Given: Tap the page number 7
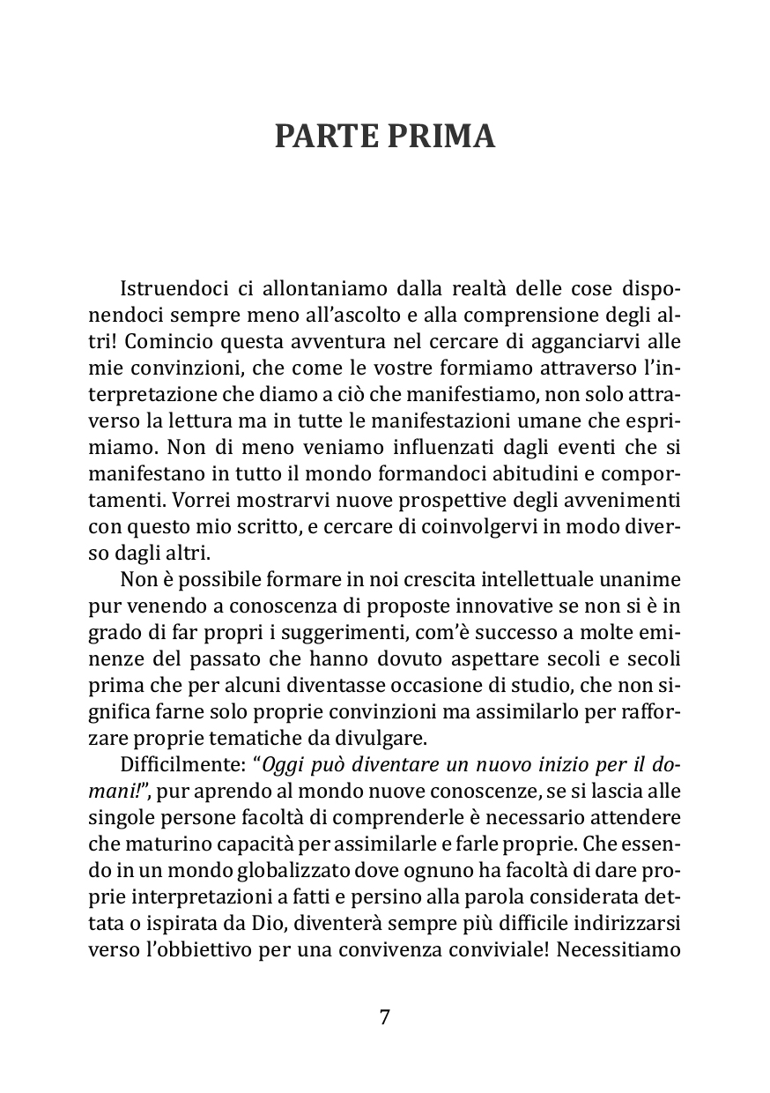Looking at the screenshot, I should [384, 1016].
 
